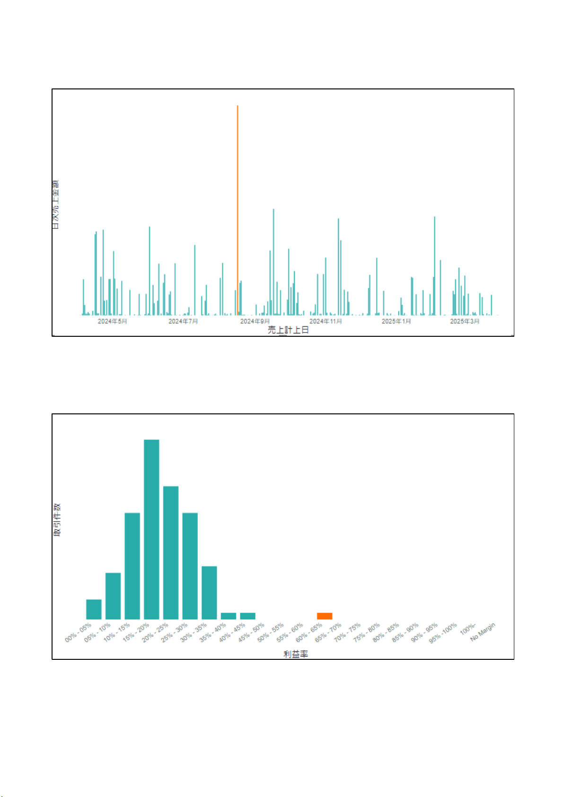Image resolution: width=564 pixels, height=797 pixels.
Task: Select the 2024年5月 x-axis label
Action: [x=113, y=321]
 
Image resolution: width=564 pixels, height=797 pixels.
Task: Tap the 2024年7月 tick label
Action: [x=183, y=321]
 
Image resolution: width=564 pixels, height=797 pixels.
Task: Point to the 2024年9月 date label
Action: [x=255, y=321]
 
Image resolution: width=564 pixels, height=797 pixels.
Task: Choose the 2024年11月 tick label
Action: [x=326, y=321]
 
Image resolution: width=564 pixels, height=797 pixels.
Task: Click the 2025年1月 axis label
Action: [x=397, y=321]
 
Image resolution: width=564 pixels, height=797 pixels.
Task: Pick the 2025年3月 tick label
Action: [x=465, y=321]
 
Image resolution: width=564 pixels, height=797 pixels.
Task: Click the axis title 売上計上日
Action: [x=288, y=330]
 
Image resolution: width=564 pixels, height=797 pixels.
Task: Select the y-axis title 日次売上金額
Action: [x=56, y=204]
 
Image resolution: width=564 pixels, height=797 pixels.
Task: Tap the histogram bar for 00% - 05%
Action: [x=94, y=609]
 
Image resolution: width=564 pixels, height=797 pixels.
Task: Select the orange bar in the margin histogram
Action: [x=325, y=616]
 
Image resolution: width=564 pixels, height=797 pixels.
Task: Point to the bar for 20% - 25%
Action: [x=171, y=552]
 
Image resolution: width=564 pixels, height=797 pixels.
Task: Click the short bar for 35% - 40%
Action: [x=229, y=616]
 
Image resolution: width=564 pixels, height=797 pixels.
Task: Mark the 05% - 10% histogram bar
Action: [x=113, y=596]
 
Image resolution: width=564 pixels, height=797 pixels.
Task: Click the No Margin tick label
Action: [x=483, y=632]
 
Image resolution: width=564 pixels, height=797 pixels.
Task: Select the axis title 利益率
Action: [x=296, y=654]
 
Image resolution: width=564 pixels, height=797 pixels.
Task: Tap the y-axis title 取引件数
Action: [x=57, y=519]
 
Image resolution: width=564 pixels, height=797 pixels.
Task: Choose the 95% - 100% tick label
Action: [x=443, y=633]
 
